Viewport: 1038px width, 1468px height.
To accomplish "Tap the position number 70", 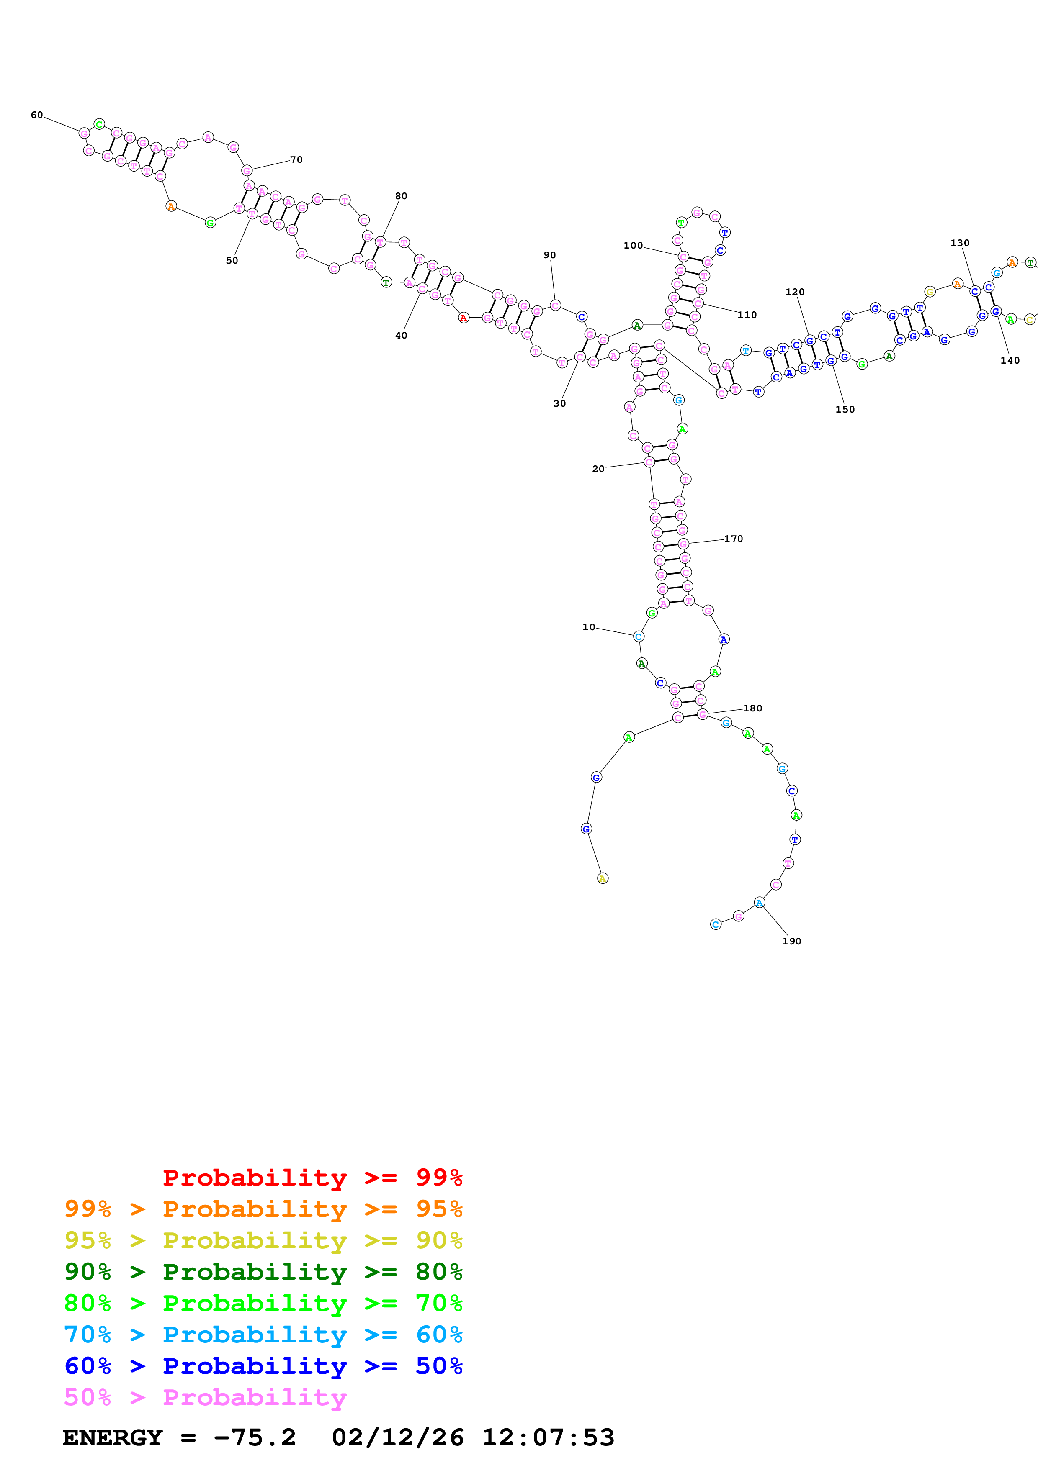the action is (x=296, y=160).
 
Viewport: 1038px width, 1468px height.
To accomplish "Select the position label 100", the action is (x=633, y=246).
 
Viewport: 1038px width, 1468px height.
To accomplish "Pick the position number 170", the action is (x=734, y=539).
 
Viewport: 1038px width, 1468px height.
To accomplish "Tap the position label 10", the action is (x=588, y=627).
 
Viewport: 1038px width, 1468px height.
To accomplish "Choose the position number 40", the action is (x=401, y=336).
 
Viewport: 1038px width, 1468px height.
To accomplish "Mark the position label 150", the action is (x=845, y=410).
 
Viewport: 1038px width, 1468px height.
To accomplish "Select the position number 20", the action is (x=598, y=469).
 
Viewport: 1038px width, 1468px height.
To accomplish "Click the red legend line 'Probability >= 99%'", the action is (x=312, y=1178).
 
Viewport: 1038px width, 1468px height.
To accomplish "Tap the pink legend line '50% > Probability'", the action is (x=205, y=1398).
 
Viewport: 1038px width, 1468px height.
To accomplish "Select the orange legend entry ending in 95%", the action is (x=263, y=1209).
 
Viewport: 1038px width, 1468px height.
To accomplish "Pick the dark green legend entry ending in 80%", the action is (x=263, y=1272).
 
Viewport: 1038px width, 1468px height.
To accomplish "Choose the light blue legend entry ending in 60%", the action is (x=263, y=1335).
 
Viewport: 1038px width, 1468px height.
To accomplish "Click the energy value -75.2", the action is (x=255, y=1438).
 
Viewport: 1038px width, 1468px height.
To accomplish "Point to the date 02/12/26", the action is (x=397, y=1438).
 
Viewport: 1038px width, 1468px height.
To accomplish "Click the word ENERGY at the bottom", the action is (x=113, y=1438).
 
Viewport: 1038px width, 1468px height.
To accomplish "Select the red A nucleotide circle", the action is (x=463, y=318).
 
